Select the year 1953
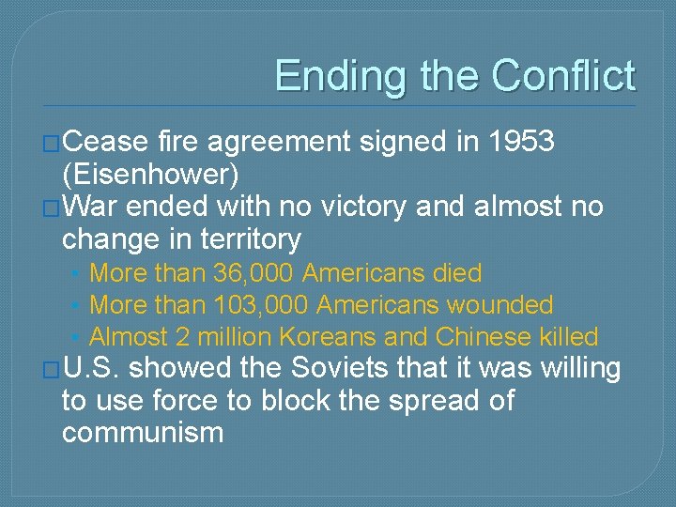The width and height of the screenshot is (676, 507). pos(522,142)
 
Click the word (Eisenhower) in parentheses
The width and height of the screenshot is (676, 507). pos(150,174)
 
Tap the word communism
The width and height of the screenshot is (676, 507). pos(143,433)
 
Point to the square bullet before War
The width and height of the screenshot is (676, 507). pos(53,207)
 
